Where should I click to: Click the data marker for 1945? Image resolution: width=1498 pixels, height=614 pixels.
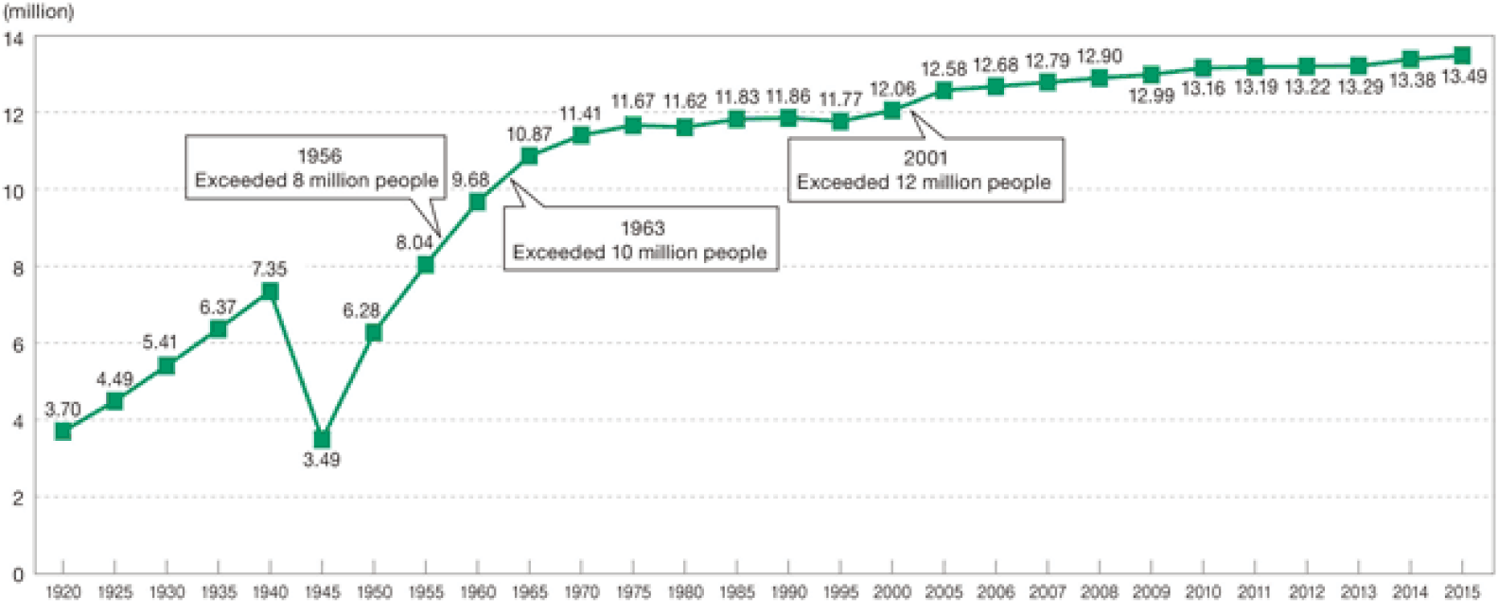[x=322, y=439]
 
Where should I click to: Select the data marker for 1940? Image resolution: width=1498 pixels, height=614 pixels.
[x=270, y=290]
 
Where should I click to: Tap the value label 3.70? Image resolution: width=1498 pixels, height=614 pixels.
[x=62, y=410]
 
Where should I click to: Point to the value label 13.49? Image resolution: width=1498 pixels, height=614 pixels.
[x=1464, y=77]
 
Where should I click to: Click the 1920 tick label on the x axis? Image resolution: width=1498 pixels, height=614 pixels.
[x=62, y=592]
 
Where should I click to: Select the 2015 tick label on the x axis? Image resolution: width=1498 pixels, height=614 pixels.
[x=1463, y=592]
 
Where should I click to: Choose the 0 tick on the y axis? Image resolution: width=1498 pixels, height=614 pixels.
[x=18, y=574]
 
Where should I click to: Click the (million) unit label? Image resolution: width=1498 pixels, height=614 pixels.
[x=39, y=12]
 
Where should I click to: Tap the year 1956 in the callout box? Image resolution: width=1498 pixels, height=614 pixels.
[x=319, y=156]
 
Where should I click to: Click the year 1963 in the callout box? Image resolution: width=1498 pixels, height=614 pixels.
[x=643, y=228]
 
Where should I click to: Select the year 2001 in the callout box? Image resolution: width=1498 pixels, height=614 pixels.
[x=925, y=158]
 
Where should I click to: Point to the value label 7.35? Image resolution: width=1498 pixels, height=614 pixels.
[x=269, y=270]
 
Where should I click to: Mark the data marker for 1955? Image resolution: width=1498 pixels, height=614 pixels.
[x=426, y=265]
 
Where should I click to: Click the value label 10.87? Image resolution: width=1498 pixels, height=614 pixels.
[x=529, y=134]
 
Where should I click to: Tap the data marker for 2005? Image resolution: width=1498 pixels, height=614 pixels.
[x=943, y=91]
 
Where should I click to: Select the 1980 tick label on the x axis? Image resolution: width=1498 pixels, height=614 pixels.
[x=685, y=592]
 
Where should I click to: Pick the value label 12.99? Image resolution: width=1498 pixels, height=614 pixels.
[x=1151, y=96]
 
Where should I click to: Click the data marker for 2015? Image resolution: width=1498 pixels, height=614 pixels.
[x=1462, y=56]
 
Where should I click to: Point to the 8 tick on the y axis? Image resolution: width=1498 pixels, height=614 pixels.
[x=18, y=268]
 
